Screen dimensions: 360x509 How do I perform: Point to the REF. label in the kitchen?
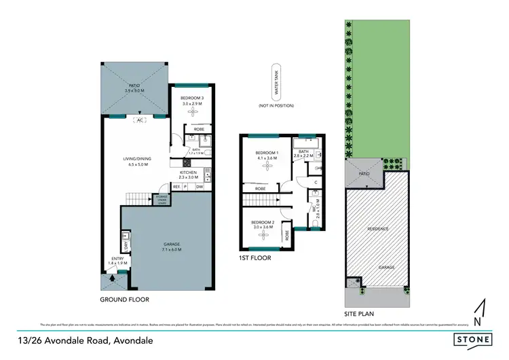tap(176, 186)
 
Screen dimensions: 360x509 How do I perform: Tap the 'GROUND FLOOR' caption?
tap(124, 299)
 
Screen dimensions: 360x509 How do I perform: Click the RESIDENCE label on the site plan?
tap(377, 229)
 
